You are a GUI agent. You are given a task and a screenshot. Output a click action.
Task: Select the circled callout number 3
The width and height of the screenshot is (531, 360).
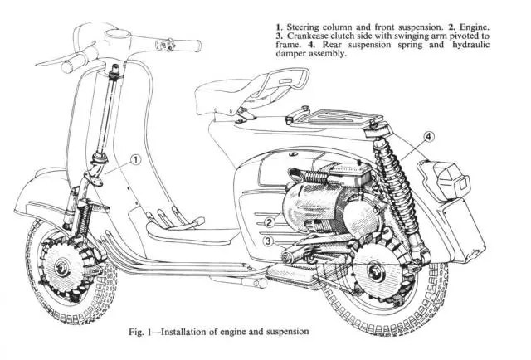pyautogui.click(x=269, y=241)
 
